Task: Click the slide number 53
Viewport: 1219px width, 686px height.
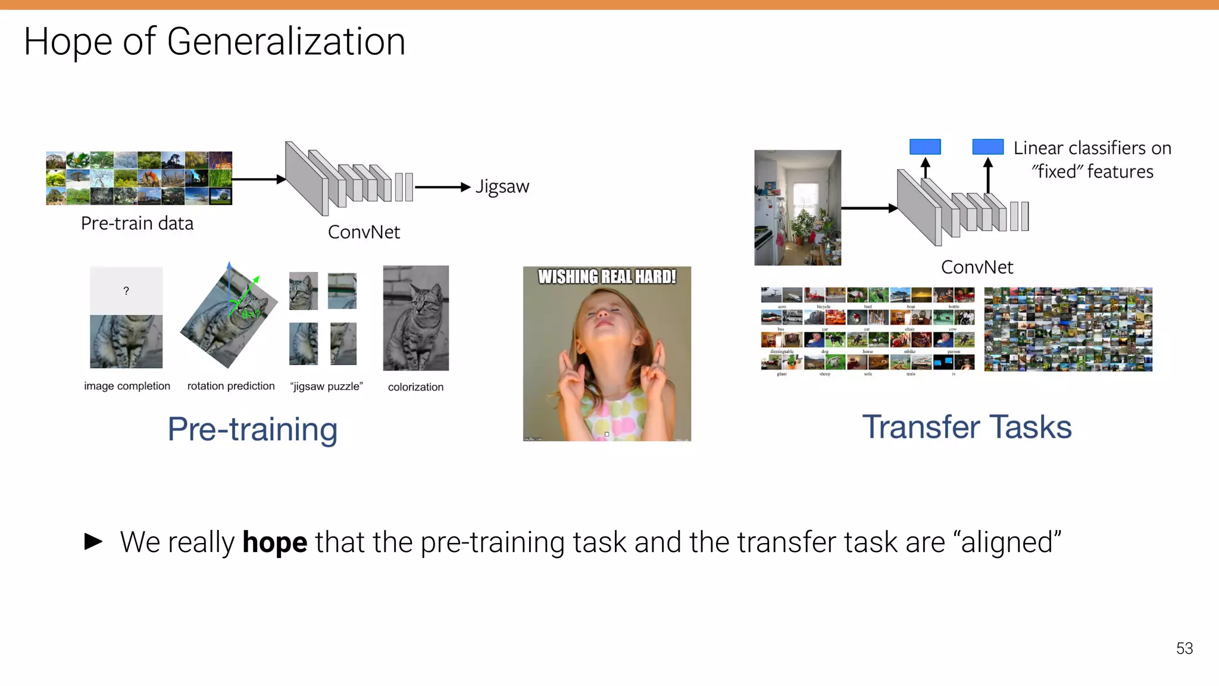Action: click(1184, 648)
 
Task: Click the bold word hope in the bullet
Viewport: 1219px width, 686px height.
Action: click(274, 542)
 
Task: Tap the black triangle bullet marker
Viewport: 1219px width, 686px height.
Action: click(93, 541)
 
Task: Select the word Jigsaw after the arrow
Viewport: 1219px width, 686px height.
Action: click(502, 187)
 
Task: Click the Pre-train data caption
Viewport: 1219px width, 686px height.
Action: click(137, 223)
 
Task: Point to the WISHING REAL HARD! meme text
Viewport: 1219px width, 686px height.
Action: click(607, 277)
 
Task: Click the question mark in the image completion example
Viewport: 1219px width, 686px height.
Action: click(126, 291)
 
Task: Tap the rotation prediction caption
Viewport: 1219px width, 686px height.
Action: click(231, 386)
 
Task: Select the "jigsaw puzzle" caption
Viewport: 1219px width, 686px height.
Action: click(326, 386)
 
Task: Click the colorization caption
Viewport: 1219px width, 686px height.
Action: click(415, 387)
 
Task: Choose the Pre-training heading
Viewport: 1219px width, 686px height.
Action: click(252, 429)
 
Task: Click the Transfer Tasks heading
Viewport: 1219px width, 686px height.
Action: click(967, 427)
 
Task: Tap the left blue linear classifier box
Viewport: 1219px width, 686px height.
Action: click(925, 146)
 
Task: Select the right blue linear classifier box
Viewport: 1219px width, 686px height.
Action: click(987, 146)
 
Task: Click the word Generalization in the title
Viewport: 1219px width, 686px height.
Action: click(286, 42)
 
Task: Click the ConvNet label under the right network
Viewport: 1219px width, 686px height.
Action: click(977, 267)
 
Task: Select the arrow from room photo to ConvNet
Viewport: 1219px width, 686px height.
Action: click(869, 208)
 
